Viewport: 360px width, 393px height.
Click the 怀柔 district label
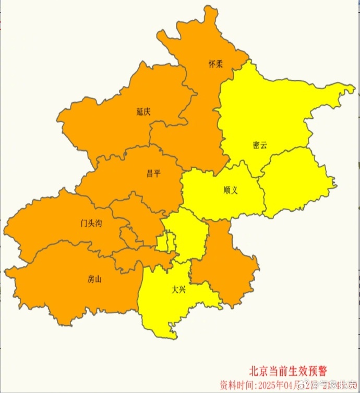[216, 65]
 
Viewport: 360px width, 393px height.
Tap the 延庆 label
[143, 111]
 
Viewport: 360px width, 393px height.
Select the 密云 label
[259, 145]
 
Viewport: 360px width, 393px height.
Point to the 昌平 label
[153, 174]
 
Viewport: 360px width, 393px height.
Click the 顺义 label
[230, 190]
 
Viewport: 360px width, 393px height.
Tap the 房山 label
[94, 279]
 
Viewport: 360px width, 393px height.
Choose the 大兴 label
[179, 289]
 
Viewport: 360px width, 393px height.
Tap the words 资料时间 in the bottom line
[236, 385]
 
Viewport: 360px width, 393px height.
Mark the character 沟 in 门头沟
[99, 224]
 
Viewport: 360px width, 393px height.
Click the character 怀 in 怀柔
[212, 65]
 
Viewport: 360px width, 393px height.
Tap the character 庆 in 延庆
[148, 111]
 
